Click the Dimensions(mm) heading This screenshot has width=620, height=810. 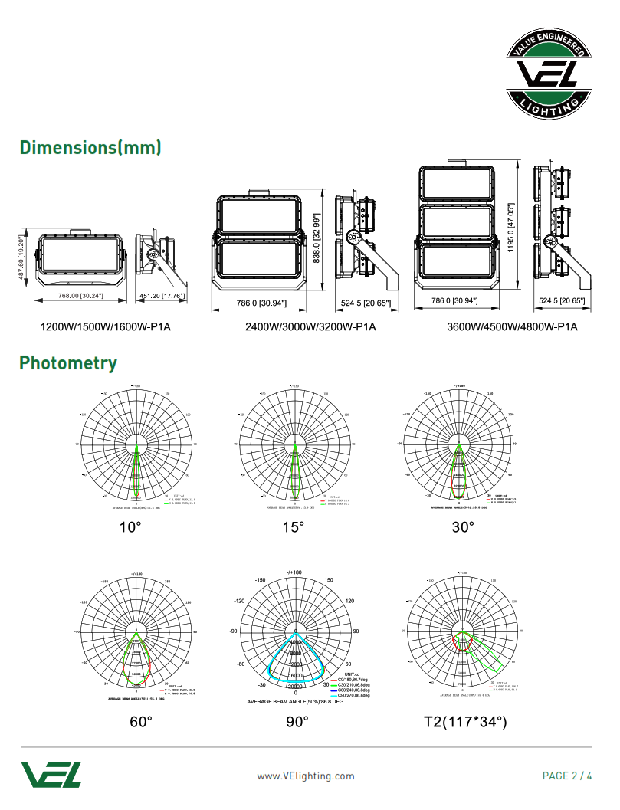coord(90,147)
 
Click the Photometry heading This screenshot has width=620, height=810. coord(68,362)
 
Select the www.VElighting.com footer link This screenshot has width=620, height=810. coord(306,776)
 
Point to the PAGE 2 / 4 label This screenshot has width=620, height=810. coord(567,776)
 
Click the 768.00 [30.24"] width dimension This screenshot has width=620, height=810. coord(81,296)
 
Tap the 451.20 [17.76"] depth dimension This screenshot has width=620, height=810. coord(161,296)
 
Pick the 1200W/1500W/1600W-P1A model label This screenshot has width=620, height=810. coord(105,327)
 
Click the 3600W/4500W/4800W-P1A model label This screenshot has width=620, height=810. coord(512,327)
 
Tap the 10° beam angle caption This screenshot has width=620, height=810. coord(130,527)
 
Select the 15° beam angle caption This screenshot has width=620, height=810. coord(293,527)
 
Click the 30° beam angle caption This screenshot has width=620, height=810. coord(463,527)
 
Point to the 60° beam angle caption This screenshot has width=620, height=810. coord(141,722)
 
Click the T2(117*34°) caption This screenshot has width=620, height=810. coord(465,722)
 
